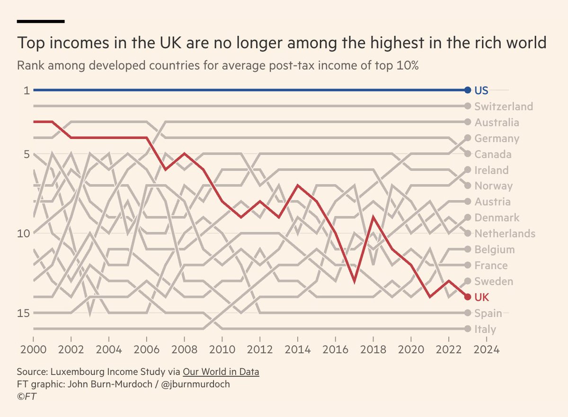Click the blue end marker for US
tap(468, 90)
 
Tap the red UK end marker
tap(468, 297)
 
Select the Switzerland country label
tap(503, 106)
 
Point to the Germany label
tap(497, 139)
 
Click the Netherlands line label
tap(505, 234)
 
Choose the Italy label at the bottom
tap(485, 329)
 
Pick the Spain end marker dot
tap(468, 313)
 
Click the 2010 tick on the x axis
tap(222, 352)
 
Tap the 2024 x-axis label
tap(485, 352)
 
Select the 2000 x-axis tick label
tap(33, 352)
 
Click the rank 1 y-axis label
tap(27, 90)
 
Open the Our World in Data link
tap(221, 372)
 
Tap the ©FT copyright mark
tap(27, 396)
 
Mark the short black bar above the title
tap(41, 21)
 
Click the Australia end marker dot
tap(468, 122)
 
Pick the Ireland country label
tap(492, 170)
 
